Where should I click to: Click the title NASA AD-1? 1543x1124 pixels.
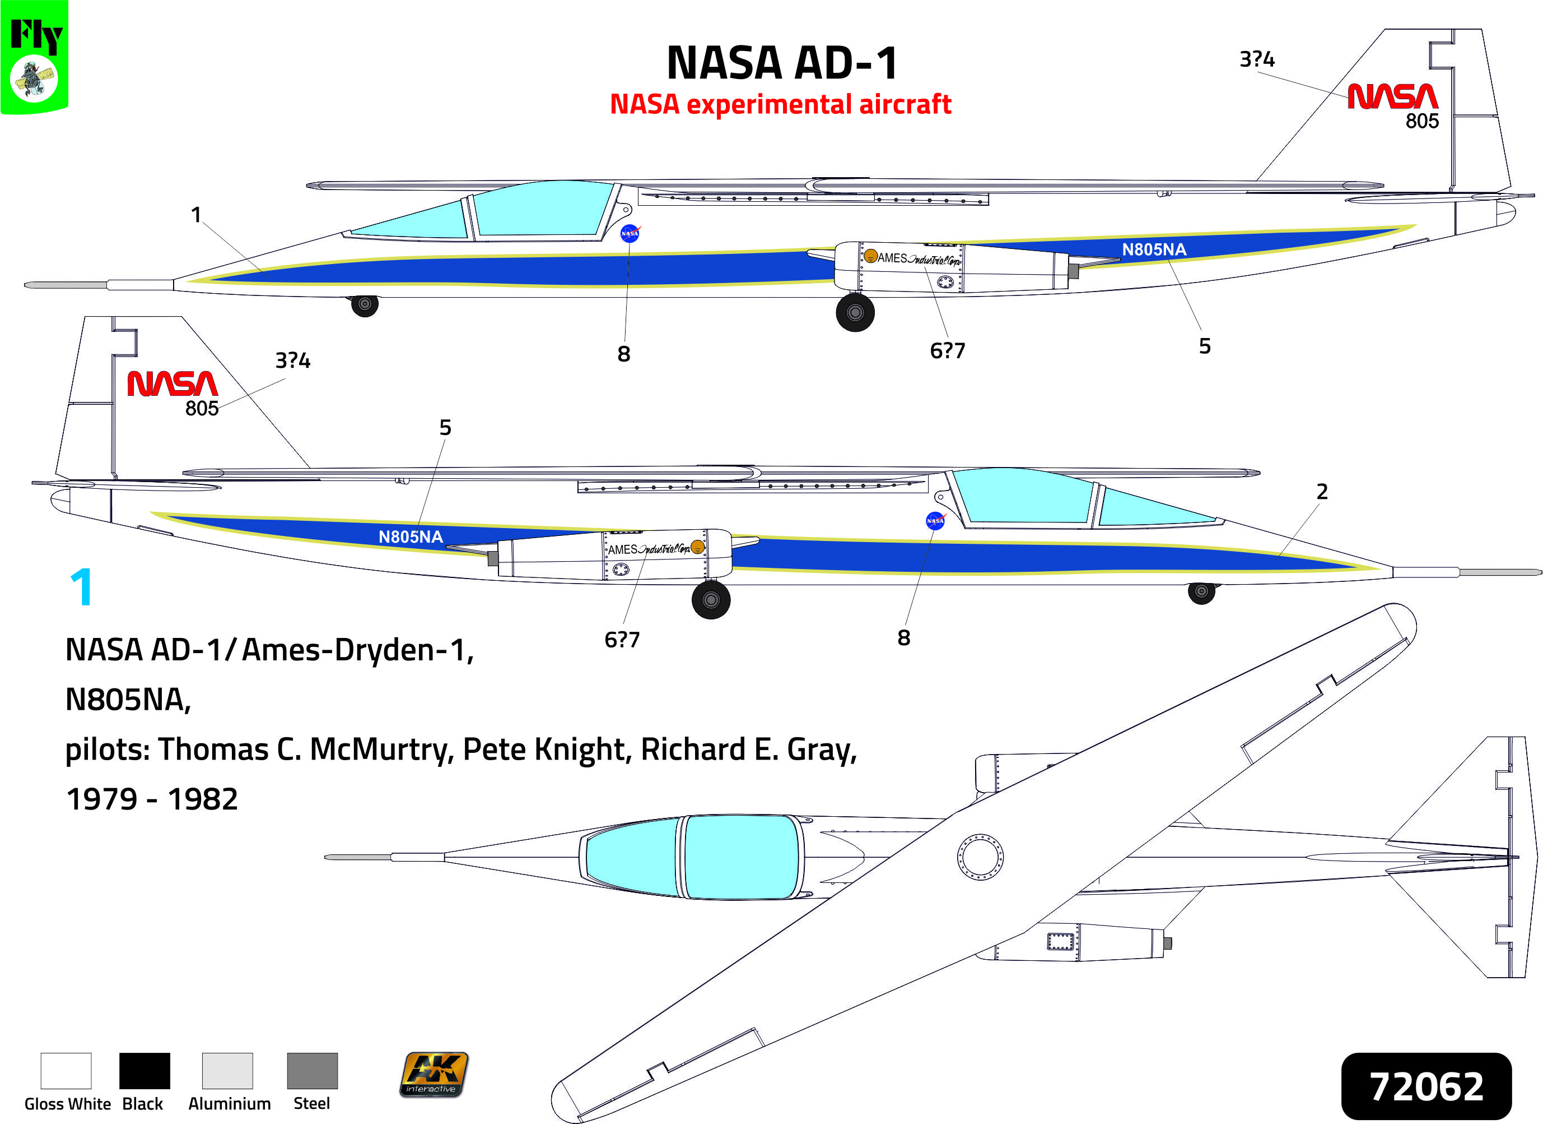pos(782,63)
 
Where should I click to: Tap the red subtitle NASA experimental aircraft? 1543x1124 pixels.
pos(780,104)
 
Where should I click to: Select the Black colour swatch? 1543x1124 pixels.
pos(144,1070)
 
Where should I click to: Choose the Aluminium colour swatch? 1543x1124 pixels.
pos(227,1070)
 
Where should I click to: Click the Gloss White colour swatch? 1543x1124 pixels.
pos(66,1070)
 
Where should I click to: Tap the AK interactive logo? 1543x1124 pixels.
pos(434,1074)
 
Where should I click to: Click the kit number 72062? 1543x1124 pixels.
pos(1426,1086)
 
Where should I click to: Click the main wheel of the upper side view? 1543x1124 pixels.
pos(855,312)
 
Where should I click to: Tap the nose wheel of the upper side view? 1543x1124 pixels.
pos(365,304)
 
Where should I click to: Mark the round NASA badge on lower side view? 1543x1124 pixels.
pos(935,520)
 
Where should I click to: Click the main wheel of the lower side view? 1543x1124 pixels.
pos(711,600)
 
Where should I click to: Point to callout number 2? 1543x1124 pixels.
pos(1322,492)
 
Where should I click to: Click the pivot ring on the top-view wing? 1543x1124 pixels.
pos(980,857)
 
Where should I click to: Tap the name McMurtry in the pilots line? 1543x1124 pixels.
pos(381,750)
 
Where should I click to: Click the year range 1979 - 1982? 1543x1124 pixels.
pos(152,799)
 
